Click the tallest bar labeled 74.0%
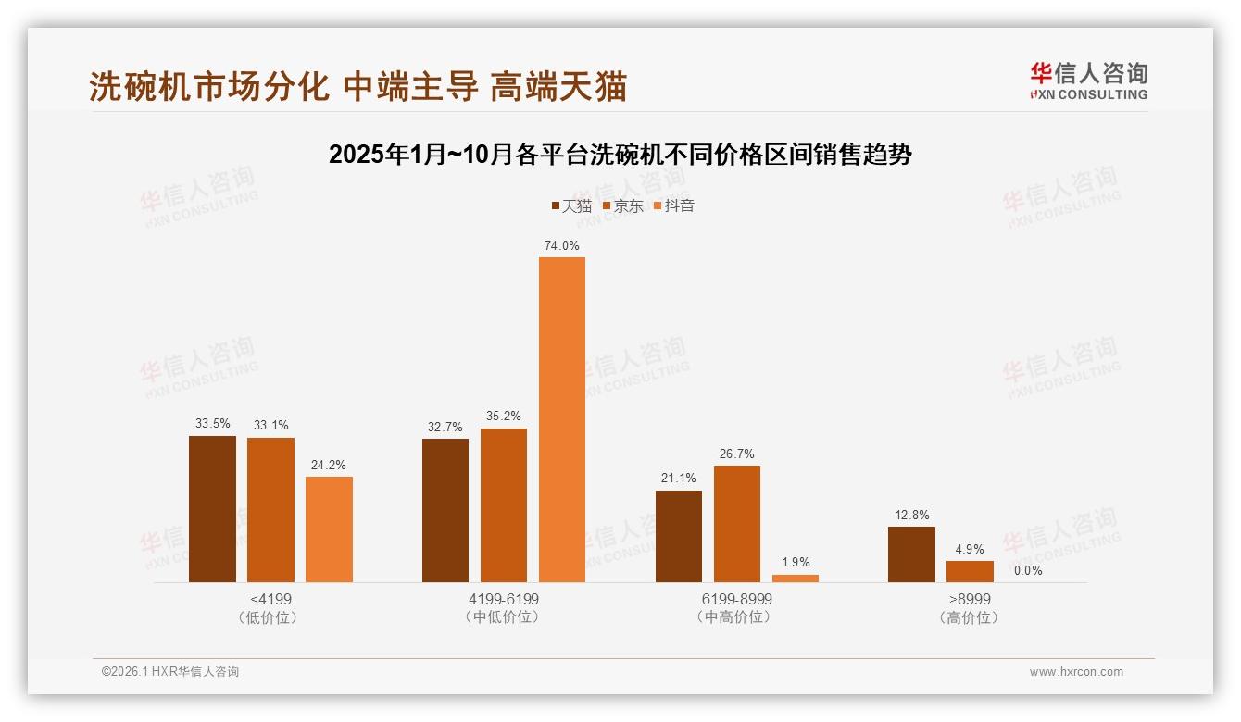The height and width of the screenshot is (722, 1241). click(x=562, y=419)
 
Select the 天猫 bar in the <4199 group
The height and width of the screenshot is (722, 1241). click(x=212, y=508)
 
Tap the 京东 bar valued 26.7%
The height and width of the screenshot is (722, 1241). click(x=737, y=523)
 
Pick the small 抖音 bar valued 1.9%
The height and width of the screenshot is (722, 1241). click(x=796, y=579)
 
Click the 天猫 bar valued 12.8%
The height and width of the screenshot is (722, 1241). click(x=911, y=554)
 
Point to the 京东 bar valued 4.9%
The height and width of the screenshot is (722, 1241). click(x=970, y=571)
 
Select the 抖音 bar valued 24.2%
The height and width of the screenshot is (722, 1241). click(x=329, y=529)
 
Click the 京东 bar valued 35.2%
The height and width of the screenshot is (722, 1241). click(x=504, y=504)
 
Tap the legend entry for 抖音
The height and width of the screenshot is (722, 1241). click(x=674, y=205)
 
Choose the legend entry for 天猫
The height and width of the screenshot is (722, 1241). click(x=571, y=205)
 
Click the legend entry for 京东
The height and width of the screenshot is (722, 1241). click(x=622, y=205)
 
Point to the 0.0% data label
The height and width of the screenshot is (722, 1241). click(x=1028, y=570)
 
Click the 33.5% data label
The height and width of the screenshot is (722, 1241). click(x=212, y=423)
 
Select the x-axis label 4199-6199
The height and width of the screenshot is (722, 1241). click(x=504, y=599)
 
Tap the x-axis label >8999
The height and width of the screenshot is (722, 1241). click(x=970, y=599)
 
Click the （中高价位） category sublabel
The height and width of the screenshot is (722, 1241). click(x=737, y=617)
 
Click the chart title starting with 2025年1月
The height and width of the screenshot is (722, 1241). click(x=620, y=155)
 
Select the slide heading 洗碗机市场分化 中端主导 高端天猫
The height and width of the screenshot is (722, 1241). click(x=358, y=86)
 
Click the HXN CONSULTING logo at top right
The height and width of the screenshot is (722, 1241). click(x=1088, y=81)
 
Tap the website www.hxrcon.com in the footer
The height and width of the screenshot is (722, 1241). click(x=1076, y=672)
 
